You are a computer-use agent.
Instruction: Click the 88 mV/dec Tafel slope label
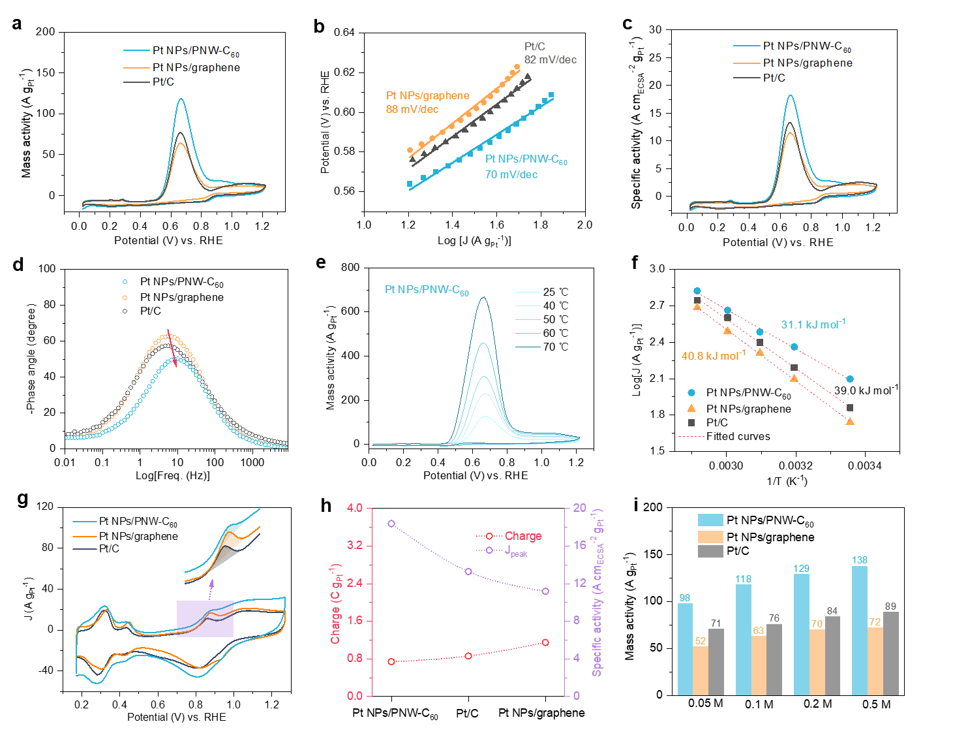[412, 110]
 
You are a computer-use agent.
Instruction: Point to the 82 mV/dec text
[551, 60]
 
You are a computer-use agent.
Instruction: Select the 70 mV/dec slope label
[511, 175]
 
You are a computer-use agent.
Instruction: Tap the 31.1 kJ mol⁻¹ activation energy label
[813, 324]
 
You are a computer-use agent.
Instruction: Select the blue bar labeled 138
[860, 630]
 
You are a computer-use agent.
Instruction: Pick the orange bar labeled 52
[701, 670]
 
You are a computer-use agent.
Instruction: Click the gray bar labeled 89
[890, 653]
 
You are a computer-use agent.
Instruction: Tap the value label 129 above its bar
[801, 569]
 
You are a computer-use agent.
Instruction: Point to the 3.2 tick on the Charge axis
[355, 546]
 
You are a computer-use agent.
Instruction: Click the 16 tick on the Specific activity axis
[580, 546]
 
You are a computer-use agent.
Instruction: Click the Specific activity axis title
[598, 592]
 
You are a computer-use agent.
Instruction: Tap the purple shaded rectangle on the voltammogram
[205, 619]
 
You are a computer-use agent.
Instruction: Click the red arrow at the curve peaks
[172, 347]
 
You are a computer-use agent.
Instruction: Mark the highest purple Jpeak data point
[391, 524]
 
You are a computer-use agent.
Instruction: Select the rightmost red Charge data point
[545, 642]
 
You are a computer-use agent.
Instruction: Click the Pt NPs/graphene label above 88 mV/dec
[428, 96]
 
